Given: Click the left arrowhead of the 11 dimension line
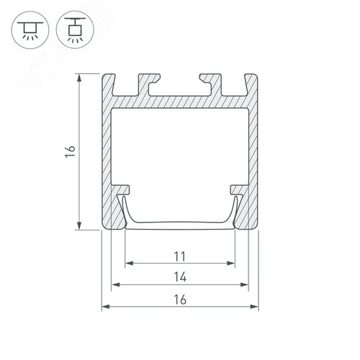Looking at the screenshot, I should tap(128, 264).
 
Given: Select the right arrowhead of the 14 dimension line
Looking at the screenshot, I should tap(246, 285).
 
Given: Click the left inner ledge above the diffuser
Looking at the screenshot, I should tap(124, 190).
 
